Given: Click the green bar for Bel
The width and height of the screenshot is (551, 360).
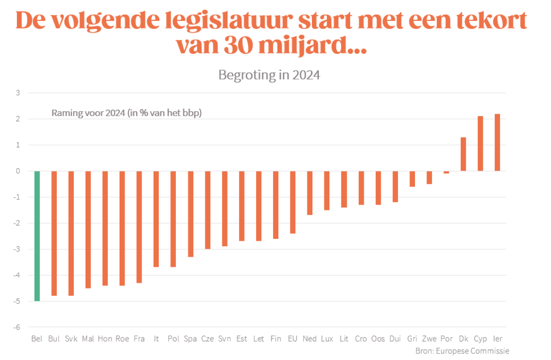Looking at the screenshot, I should click(x=37, y=236).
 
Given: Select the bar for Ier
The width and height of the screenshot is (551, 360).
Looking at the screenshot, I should click(x=497, y=143).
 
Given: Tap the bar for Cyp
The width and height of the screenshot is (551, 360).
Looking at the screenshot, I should click(x=480, y=144).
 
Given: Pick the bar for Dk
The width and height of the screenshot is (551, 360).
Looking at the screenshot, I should click(x=463, y=154).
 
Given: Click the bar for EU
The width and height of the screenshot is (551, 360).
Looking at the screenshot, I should click(x=292, y=202).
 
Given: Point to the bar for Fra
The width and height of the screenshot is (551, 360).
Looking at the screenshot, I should click(x=139, y=227).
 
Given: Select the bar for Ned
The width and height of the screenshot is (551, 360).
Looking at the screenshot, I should click(x=309, y=193).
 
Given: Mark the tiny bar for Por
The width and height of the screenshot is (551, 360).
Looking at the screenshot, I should click(x=446, y=173).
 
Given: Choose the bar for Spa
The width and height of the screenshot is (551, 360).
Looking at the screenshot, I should click(x=190, y=214).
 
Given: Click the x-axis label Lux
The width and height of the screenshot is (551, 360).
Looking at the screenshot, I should click(x=327, y=339).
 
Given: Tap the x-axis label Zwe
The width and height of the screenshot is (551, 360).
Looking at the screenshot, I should click(x=429, y=339).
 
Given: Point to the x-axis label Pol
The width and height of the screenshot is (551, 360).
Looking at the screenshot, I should click(x=173, y=339).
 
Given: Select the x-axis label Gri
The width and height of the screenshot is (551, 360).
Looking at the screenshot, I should click(x=412, y=339).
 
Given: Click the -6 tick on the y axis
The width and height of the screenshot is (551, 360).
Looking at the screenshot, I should click(x=17, y=327).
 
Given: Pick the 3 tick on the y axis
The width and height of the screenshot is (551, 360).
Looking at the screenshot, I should click(x=18, y=93).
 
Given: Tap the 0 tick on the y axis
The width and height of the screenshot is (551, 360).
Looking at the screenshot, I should click(x=18, y=171).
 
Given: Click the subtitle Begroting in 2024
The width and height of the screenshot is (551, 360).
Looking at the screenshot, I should click(x=269, y=75).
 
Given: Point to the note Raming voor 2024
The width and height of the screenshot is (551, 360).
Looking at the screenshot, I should click(x=127, y=113).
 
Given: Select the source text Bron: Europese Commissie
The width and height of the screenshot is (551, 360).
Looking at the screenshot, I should click(x=462, y=351).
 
